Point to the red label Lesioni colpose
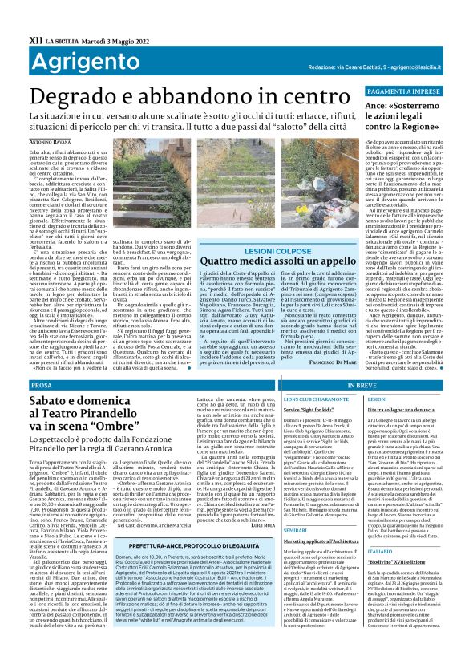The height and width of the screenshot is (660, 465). pyautogui.click(x=242, y=229)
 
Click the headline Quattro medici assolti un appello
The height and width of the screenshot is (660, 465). pyautogui.click(x=242, y=239)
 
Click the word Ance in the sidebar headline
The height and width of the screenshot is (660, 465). pyautogui.click(x=355, y=105)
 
